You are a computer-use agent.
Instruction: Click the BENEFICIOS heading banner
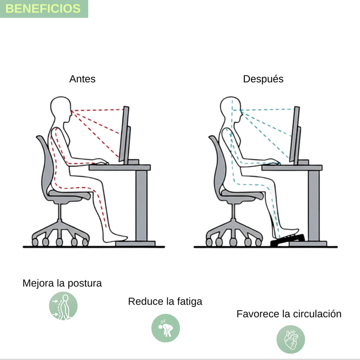(44, 9)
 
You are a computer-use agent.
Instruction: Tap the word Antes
(82, 79)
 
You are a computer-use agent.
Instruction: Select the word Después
(263, 79)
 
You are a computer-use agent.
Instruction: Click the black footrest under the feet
(287, 240)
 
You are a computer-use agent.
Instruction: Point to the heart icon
(291, 339)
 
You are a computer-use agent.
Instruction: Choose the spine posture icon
(63, 306)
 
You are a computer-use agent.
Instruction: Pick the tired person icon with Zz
(166, 328)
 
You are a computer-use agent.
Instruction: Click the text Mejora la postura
(62, 283)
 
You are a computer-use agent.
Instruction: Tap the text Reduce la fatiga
(165, 302)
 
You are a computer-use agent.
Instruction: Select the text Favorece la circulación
(289, 314)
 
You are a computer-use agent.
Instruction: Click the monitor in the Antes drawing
(124, 135)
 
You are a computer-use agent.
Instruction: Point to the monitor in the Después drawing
(295, 135)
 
